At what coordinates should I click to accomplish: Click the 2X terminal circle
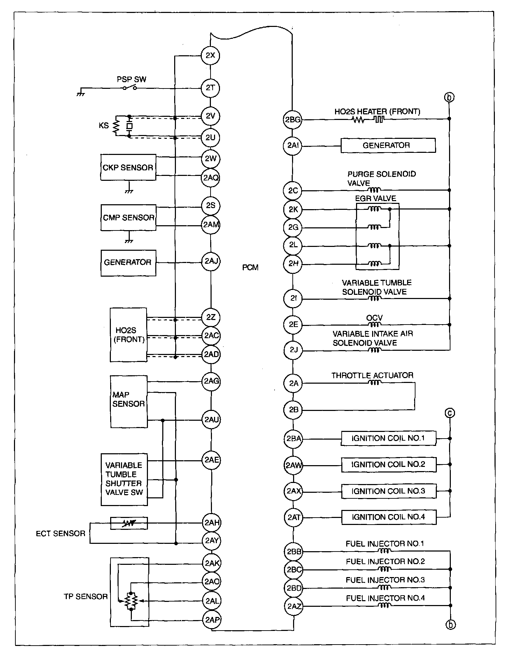click(x=210, y=55)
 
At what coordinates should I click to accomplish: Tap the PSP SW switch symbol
click(x=129, y=88)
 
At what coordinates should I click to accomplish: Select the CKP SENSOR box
click(x=128, y=168)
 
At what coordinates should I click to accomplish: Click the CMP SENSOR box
click(x=128, y=218)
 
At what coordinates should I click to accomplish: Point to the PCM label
click(x=250, y=268)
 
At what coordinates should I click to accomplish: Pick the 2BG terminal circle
click(x=292, y=120)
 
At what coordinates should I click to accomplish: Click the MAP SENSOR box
click(x=129, y=401)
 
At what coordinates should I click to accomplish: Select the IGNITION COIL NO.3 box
click(x=389, y=491)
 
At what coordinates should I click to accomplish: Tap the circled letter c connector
click(x=450, y=413)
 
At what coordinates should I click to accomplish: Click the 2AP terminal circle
click(x=212, y=620)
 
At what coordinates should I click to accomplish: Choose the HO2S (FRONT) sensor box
click(x=128, y=335)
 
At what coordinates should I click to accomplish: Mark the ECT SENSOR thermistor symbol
click(x=129, y=523)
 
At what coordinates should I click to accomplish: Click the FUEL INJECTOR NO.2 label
click(x=385, y=562)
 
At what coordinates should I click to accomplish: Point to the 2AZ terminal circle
click(x=294, y=606)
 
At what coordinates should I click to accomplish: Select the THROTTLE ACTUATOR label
click(x=372, y=375)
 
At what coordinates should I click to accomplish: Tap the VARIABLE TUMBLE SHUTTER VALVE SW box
click(x=124, y=479)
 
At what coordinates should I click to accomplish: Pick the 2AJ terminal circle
click(x=211, y=261)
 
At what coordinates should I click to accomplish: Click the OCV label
click(x=374, y=318)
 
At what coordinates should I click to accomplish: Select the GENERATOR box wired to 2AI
click(x=388, y=145)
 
